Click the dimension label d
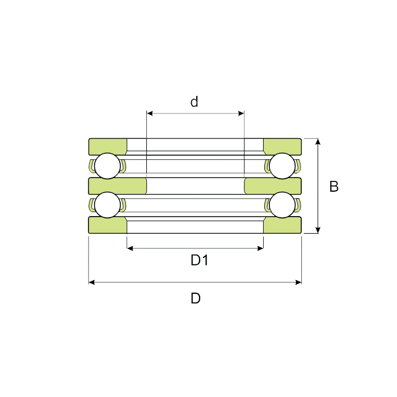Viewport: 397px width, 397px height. point(194,102)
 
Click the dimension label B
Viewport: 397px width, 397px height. point(333,187)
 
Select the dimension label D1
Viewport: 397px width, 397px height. point(200,260)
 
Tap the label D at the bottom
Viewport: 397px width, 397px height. point(196,298)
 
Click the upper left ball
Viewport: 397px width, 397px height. point(107,166)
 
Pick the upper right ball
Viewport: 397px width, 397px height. point(282,166)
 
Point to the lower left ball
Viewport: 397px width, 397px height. point(107,205)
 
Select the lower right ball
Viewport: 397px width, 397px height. point(282,205)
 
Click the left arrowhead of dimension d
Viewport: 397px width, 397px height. point(150,113)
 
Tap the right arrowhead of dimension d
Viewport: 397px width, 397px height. point(241,113)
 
